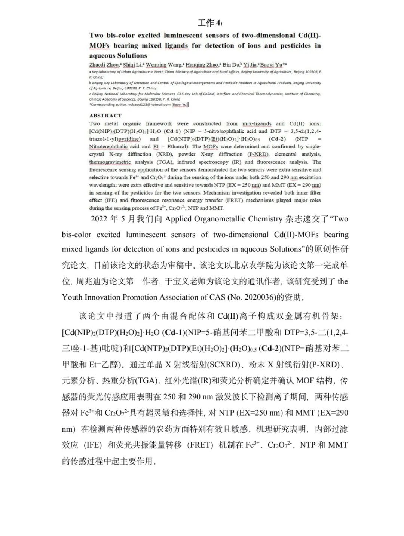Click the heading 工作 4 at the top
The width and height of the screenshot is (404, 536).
[210, 23]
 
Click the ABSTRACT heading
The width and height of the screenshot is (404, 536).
[105, 116]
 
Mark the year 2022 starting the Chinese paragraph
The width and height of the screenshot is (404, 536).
[99, 219]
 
